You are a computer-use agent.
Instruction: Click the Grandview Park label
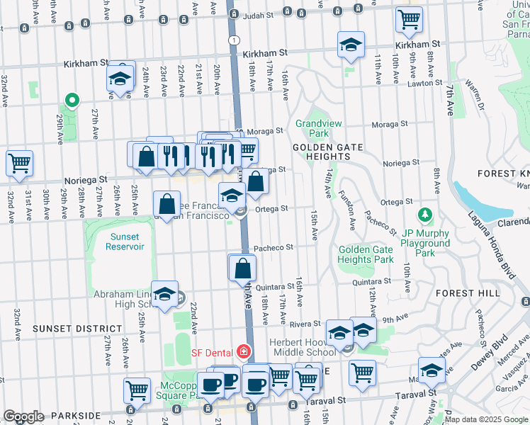click(318, 128)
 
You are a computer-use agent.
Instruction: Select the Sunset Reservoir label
click(125, 242)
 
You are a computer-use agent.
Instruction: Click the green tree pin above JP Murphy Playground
click(424, 214)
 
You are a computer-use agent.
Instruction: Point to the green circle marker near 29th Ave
click(71, 100)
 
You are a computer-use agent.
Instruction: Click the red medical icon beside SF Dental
click(244, 351)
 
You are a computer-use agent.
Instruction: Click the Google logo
click(24, 416)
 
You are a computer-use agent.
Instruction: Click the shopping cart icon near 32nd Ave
click(20, 163)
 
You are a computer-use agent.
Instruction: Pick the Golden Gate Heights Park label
click(366, 254)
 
